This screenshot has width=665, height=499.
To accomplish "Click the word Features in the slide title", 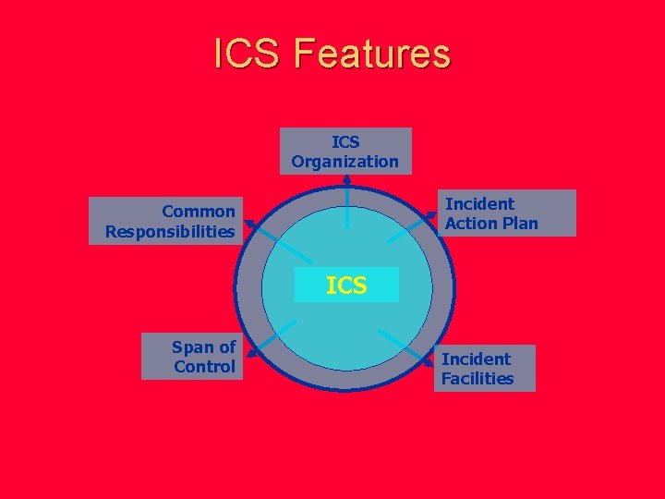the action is point(372,54).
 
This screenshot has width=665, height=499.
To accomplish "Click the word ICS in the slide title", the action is point(248,54).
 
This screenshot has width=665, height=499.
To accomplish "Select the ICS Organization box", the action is point(345,152).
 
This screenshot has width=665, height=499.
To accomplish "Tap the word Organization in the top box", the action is point(345,162).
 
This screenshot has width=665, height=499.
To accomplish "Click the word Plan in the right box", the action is point(517,224).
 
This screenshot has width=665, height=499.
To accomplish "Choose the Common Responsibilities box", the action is point(165,221).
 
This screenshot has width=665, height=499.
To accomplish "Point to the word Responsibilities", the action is point(170,231).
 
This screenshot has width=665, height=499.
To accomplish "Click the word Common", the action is point(198,212).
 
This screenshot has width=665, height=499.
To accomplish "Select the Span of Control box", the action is point(191,357).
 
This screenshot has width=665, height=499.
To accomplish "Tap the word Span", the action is point(192,347).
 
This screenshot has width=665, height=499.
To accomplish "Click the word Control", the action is point(204,367).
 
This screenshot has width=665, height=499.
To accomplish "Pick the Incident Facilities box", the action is point(484,368).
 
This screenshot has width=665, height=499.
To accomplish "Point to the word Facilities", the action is point(478,378).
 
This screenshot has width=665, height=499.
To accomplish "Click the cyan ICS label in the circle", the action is point(346,286).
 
